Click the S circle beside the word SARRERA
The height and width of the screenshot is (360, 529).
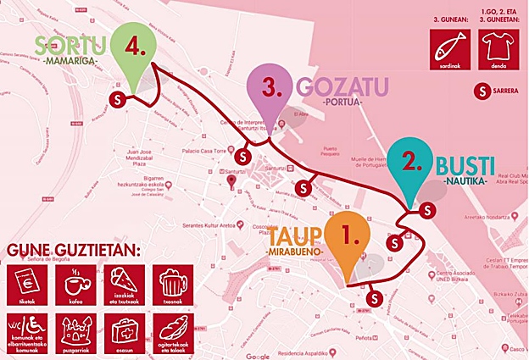[x=482, y=91]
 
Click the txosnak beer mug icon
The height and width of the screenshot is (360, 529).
[x=173, y=284]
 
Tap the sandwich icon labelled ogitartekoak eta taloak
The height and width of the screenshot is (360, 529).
[x=173, y=331]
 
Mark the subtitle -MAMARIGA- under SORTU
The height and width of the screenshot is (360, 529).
[x=69, y=62]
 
